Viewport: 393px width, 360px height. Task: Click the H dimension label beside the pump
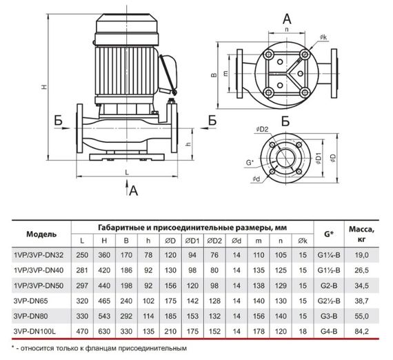click(x=44, y=87)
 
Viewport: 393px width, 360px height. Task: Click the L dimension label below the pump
click(x=127, y=172)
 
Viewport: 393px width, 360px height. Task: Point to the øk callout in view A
click(x=323, y=37)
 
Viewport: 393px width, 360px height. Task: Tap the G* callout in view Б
click(x=250, y=163)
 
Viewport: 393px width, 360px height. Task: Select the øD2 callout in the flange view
click(x=262, y=130)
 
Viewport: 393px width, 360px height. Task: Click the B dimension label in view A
click(x=214, y=75)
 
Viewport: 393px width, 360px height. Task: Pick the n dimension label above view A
click(x=287, y=30)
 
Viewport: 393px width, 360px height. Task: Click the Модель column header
click(x=41, y=234)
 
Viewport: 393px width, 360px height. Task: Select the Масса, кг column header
click(x=361, y=234)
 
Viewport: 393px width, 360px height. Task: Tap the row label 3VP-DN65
click(x=30, y=301)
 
